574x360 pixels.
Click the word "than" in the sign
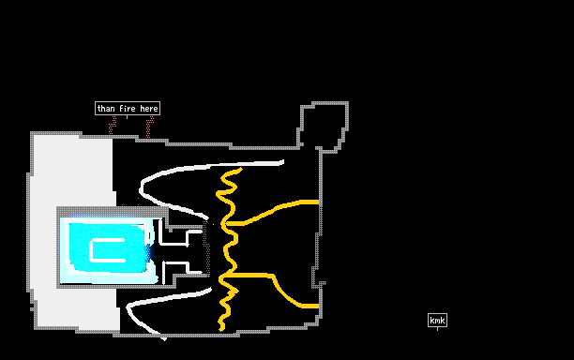(106, 109)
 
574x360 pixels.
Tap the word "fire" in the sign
(128, 109)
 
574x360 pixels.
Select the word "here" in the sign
(149, 109)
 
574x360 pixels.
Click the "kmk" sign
(437, 321)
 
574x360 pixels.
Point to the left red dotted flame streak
(113, 126)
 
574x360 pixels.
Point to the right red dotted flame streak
(150, 127)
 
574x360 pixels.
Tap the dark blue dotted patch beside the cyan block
(148, 251)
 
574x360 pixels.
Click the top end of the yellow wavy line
(240, 169)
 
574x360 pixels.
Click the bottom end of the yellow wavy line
(221, 329)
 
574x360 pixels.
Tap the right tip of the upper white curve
(282, 162)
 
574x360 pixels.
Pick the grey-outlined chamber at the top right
(322, 127)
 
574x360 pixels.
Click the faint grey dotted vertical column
(206, 247)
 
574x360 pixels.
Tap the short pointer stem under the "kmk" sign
(437, 328)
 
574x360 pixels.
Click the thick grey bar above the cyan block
(113, 212)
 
